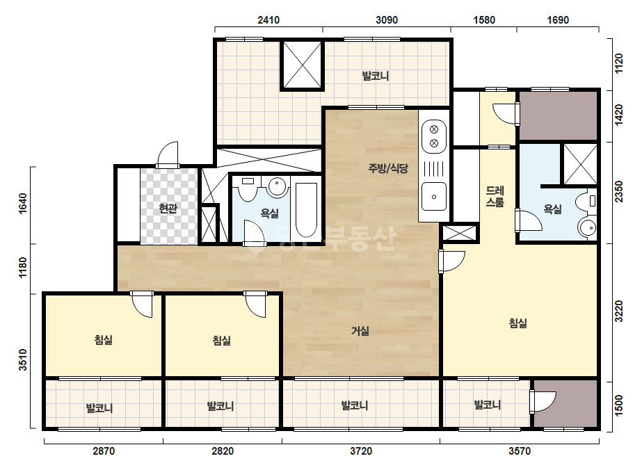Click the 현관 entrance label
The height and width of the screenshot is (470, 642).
tap(168, 209)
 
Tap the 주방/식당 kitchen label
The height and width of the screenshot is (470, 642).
tap(388, 168)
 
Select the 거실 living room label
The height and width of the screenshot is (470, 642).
tap(360, 331)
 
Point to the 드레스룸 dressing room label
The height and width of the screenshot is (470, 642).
tap(495, 197)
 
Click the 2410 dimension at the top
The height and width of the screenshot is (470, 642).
tap(268, 20)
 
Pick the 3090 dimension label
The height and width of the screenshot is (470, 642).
tap(387, 20)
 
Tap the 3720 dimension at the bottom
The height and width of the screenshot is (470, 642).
tap(361, 451)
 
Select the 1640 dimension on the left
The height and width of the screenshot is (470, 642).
tap(23, 202)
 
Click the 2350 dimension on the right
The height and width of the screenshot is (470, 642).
tap(619, 192)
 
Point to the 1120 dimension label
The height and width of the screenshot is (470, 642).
tap(619, 63)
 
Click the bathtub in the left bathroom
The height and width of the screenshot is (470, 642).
tap(306, 210)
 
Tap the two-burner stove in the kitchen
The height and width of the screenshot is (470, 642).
tap(433, 136)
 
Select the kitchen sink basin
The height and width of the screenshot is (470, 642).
tap(434, 197)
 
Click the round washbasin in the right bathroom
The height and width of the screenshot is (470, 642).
tap(588, 227)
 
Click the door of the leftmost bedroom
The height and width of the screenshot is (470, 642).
tap(142, 304)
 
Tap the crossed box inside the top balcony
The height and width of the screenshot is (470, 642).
tap(303, 65)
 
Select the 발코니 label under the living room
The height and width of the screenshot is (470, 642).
tap(355, 406)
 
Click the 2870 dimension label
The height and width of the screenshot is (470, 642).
tap(104, 451)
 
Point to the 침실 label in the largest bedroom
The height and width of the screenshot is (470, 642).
tap(518, 323)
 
